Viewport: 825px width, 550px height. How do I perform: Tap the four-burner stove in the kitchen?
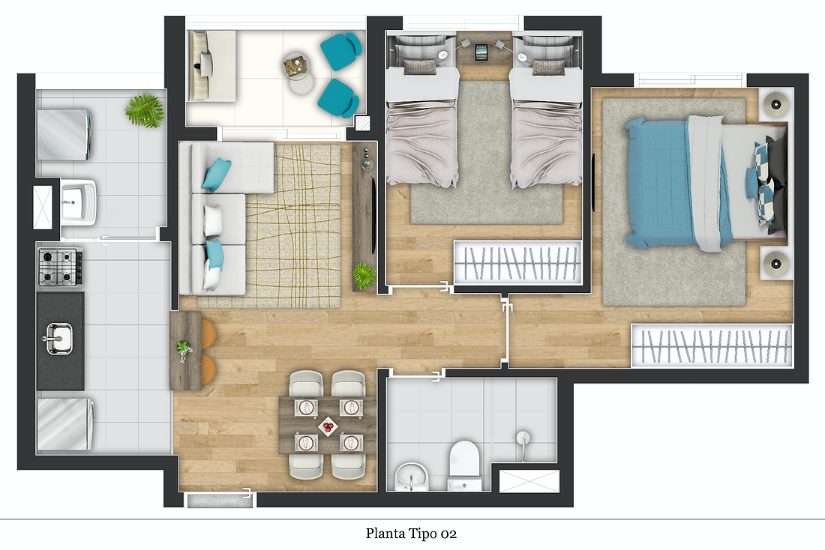pyautogui.click(x=61, y=267)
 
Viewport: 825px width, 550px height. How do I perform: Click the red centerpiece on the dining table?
pyautogui.click(x=327, y=426)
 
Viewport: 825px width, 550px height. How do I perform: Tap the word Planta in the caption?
pyautogui.click(x=385, y=534)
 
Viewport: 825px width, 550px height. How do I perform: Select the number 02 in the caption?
pyautogui.click(x=448, y=534)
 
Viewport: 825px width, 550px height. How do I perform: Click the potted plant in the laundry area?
pyautogui.click(x=144, y=110)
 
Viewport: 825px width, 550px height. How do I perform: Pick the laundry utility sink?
pyautogui.click(x=79, y=202)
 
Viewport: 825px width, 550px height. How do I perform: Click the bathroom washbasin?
pyautogui.click(x=411, y=477)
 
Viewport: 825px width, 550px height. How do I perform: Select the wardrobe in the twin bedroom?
pyautogui.click(x=517, y=262)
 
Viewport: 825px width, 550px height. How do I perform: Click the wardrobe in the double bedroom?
pyautogui.click(x=712, y=345)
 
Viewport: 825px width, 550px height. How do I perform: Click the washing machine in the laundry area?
pyautogui.click(x=64, y=135)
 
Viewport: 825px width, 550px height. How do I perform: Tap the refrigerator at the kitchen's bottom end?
pyautogui.click(x=64, y=424)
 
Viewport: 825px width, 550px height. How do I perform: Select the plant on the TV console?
pyautogui.click(x=364, y=276)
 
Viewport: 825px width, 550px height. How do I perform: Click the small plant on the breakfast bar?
pyautogui.click(x=184, y=350)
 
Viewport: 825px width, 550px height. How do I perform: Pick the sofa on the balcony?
pyautogui.click(x=212, y=65)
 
